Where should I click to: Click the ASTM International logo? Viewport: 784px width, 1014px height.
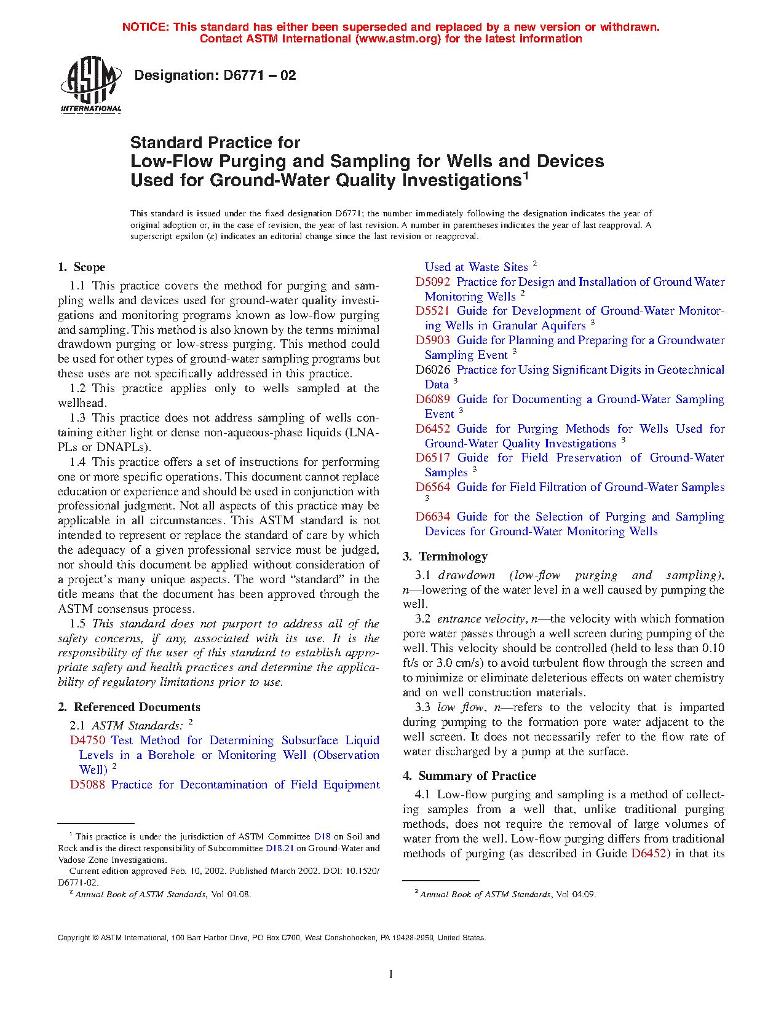(91, 84)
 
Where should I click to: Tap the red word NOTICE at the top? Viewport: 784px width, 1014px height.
(145, 27)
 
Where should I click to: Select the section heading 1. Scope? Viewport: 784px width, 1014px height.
(82, 267)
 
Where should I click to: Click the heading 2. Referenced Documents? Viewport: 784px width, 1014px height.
(129, 707)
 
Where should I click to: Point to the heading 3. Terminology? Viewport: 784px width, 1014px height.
(445, 557)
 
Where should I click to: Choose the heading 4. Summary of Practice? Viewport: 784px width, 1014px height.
(470, 776)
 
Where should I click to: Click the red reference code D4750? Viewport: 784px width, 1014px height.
(87, 741)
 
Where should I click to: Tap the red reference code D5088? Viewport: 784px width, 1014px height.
(87, 785)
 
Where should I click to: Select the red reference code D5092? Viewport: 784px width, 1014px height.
(433, 282)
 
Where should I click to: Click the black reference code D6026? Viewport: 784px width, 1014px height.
(433, 370)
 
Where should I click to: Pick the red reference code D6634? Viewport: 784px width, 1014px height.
(433, 517)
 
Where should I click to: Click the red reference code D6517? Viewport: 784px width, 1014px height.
(433, 458)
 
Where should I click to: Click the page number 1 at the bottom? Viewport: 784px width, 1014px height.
(391, 974)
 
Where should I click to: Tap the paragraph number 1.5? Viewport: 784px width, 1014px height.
(77, 624)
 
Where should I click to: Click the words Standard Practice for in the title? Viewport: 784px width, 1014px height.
(215, 143)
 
